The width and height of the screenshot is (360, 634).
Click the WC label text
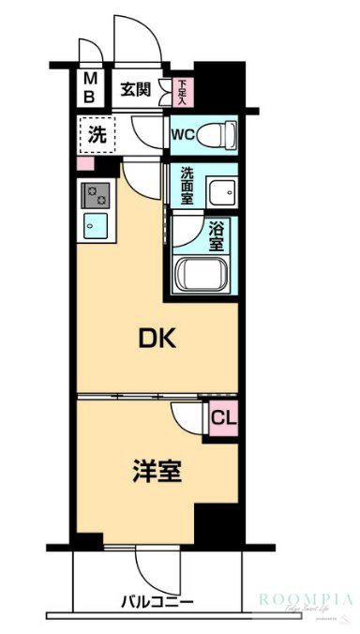click(182, 133)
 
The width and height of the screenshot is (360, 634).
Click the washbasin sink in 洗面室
click(221, 192)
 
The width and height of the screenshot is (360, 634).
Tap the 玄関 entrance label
click(135, 90)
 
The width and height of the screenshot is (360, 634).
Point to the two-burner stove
click(96, 195)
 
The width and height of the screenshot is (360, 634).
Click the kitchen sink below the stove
click(96, 226)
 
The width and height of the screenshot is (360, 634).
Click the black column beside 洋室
click(215, 525)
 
